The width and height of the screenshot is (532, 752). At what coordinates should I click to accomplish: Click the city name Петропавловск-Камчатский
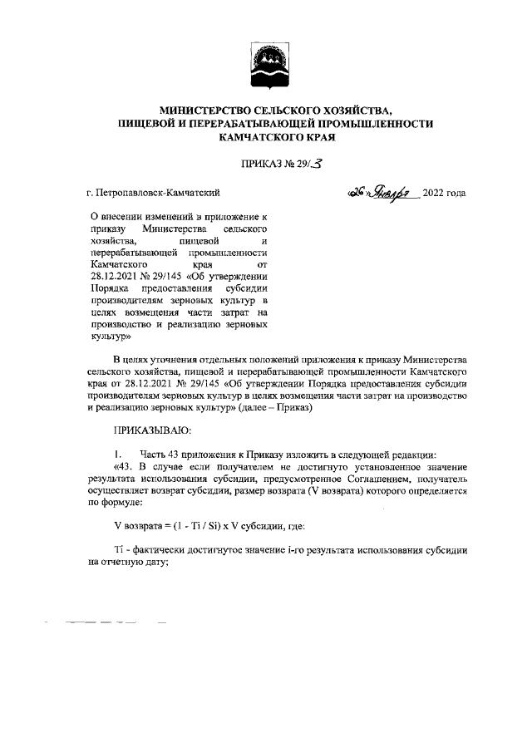click(x=159, y=194)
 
